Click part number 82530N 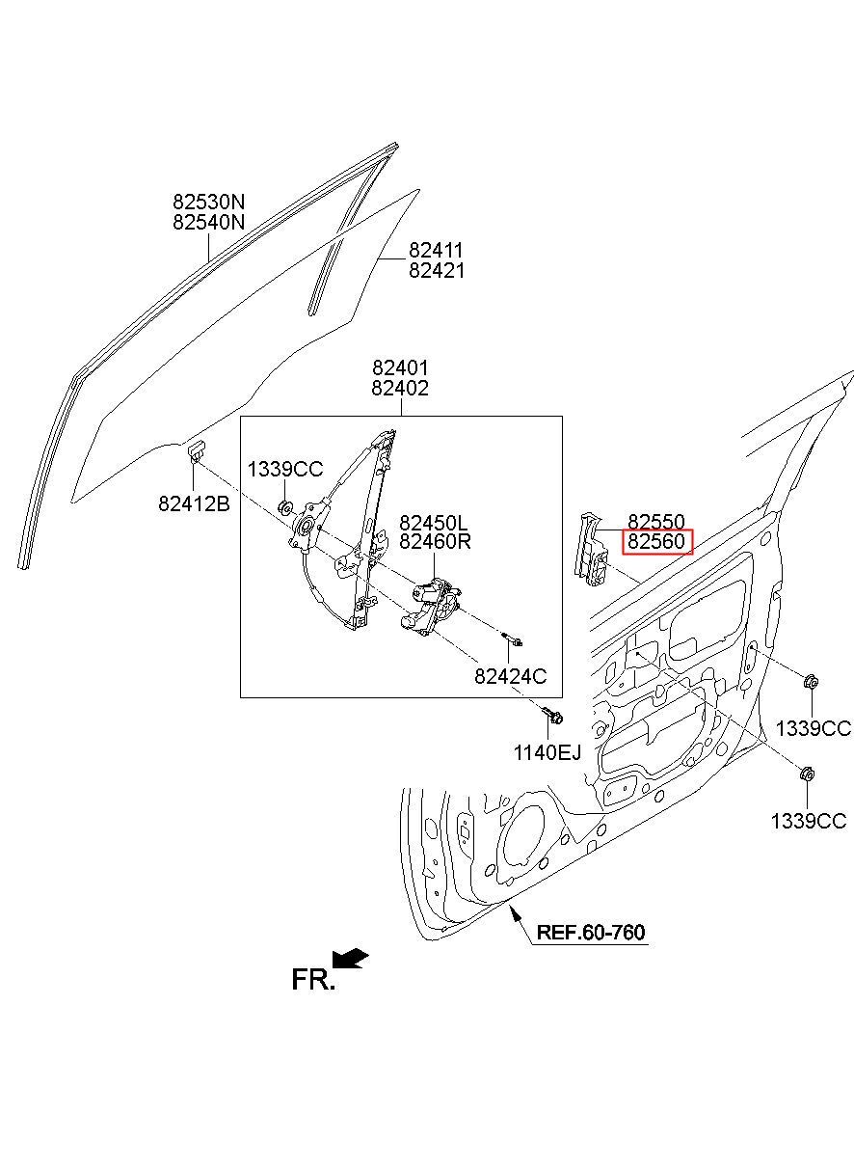pyautogui.click(x=208, y=203)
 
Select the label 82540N pyautogui.click(x=208, y=223)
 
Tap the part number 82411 pyautogui.click(x=437, y=251)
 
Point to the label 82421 pyautogui.click(x=437, y=271)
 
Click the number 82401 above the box pyautogui.click(x=400, y=368)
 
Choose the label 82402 pyautogui.click(x=400, y=389)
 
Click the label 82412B pyautogui.click(x=194, y=503)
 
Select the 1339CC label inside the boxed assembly pyautogui.click(x=285, y=470)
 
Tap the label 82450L pyautogui.click(x=435, y=522)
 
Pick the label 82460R pyautogui.click(x=435, y=541)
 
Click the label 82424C pyautogui.click(x=510, y=677)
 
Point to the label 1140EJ pyautogui.click(x=547, y=752)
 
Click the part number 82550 pyautogui.click(x=656, y=522)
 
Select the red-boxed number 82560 pyautogui.click(x=656, y=542)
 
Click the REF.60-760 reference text pyautogui.click(x=591, y=933)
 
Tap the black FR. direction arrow pyautogui.click(x=351, y=957)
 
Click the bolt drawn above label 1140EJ pyautogui.click(x=553, y=717)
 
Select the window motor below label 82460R pyautogui.click(x=431, y=607)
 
